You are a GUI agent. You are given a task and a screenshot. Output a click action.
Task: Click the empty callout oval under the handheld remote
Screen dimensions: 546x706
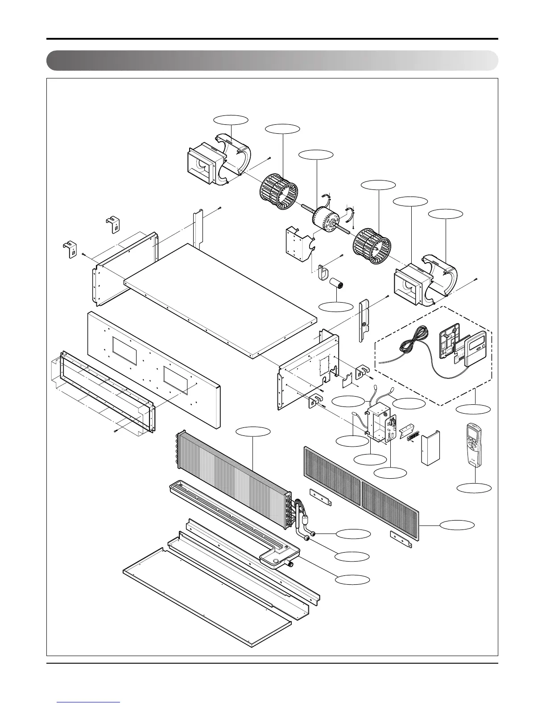(x=474, y=488)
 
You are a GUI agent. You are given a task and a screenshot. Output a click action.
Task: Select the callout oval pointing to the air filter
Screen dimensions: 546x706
(x=457, y=525)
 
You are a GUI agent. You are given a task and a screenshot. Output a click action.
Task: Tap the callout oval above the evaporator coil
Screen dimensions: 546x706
(x=253, y=431)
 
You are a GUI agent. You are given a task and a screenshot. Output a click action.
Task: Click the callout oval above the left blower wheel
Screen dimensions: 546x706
(x=282, y=129)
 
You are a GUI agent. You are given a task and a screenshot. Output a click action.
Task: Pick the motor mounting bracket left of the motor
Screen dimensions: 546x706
(x=298, y=243)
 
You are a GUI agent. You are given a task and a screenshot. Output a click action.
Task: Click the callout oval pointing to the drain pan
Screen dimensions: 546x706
(x=352, y=579)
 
